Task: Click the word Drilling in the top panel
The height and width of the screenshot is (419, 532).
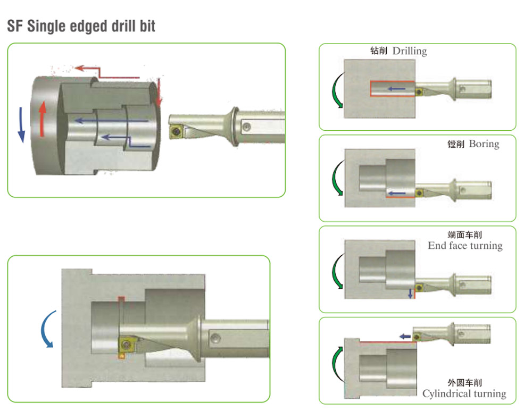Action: click(410, 51)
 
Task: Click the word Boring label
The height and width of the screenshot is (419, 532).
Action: click(484, 144)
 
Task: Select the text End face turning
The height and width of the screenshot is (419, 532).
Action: click(465, 246)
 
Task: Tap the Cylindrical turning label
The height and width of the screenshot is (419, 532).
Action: click(464, 393)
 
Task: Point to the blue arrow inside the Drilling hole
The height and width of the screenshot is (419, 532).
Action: click(396, 89)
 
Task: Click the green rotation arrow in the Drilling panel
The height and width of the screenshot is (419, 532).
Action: click(337, 90)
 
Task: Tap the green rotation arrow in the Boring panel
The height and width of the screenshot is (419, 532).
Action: click(337, 178)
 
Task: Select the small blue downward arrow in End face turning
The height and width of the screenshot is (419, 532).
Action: click(410, 293)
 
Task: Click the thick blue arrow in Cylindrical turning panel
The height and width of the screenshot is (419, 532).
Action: click(405, 337)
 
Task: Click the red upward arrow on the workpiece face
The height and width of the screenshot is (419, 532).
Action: click(42, 119)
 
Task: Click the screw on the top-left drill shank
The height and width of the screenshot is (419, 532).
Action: click(247, 127)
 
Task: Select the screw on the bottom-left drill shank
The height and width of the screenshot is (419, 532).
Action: click(215, 338)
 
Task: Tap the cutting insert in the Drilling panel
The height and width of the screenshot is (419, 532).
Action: click(419, 92)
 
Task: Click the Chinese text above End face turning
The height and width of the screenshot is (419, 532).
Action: click(464, 234)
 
